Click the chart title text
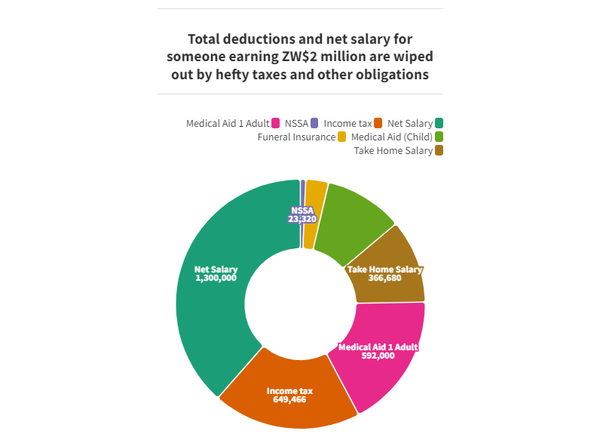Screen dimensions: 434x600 300,57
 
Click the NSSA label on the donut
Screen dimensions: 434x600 302,211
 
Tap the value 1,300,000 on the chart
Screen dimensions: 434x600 216,278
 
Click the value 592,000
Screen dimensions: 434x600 378,356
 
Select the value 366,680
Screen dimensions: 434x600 384,278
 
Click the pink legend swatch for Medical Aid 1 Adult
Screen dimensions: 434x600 276,123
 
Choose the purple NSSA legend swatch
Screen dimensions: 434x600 314,123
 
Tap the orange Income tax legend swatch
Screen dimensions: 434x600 379,123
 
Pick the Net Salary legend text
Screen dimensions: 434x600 410,123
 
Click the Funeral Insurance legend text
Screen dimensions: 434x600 296,137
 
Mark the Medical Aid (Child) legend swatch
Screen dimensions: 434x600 439,137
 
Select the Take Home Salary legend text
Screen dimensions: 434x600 393,151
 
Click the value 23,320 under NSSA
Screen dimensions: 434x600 302,219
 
